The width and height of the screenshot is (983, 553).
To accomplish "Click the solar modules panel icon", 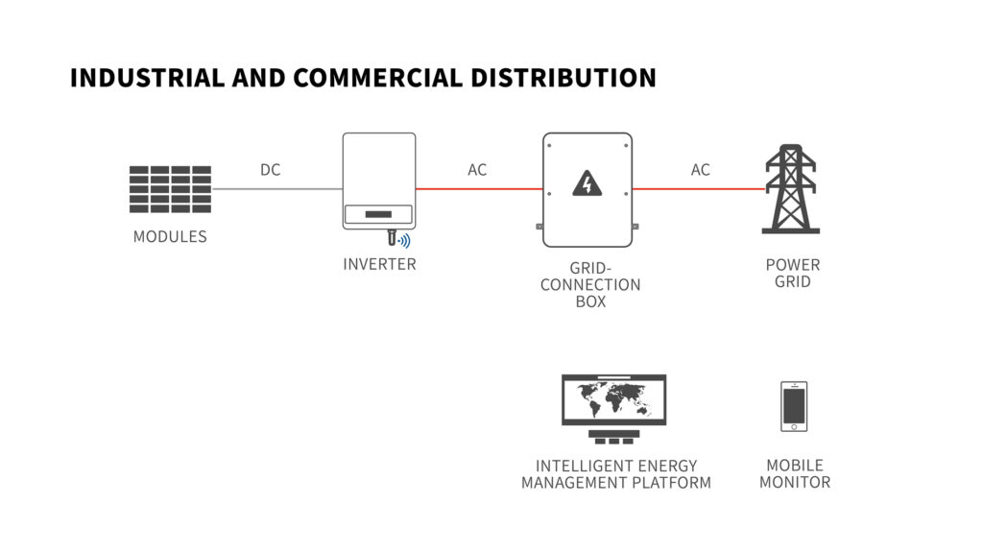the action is pos(170,189).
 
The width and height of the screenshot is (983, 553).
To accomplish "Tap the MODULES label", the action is pos(170,236).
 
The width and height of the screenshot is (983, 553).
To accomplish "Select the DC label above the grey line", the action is pos(270,170).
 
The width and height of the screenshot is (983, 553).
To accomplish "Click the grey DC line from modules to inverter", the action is pos(277,189).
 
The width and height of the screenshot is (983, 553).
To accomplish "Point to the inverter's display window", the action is pos(378,214).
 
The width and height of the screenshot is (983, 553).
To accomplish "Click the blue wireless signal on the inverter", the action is pos(405,240).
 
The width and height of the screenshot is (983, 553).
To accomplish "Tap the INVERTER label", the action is pos(379,264).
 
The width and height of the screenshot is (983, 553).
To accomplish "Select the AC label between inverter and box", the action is pos(477,170).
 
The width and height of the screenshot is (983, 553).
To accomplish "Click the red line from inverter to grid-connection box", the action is pos(479,189).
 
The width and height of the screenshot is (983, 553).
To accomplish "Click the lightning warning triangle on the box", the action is pos(587,183).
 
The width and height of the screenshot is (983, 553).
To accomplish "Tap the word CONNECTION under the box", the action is pos(590,284).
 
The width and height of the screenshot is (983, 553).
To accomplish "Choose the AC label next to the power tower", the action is pos(700,170).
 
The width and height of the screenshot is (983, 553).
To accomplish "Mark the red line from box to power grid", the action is pos(699,189).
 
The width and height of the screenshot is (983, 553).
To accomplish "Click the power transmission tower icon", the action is pos(791,189).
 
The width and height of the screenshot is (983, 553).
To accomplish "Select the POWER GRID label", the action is pos(793,273).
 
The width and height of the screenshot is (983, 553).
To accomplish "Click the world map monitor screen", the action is pos(613,400).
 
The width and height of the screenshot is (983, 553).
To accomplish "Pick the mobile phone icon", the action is pos(794,406).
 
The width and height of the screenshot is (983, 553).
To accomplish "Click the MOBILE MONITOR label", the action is pos(795,473).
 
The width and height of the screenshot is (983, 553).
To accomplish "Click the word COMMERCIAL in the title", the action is pos(378,78).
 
